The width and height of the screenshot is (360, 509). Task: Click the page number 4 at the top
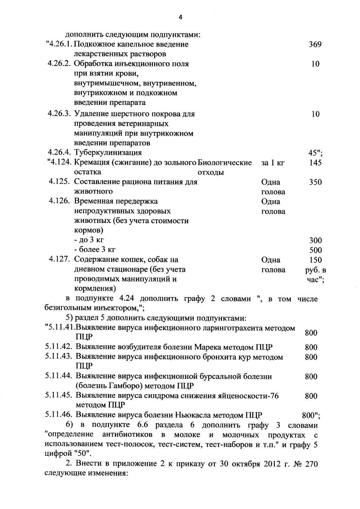(x=180, y=17)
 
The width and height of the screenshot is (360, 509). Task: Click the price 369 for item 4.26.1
(x=315, y=45)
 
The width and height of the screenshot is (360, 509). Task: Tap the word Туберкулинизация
(x=108, y=153)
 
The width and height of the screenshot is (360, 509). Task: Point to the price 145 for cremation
(x=315, y=163)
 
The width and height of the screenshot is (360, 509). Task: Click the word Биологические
(x=225, y=163)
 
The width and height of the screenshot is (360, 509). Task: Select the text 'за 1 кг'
(x=273, y=163)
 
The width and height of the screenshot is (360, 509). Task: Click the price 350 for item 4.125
(x=315, y=182)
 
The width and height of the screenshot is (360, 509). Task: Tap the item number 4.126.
(x=60, y=201)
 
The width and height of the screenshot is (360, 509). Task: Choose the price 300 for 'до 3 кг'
(x=315, y=240)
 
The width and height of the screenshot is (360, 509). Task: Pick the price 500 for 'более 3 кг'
(x=315, y=250)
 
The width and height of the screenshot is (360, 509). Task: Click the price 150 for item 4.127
(x=315, y=260)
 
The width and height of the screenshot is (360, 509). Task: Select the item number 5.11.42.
(x=59, y=347)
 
